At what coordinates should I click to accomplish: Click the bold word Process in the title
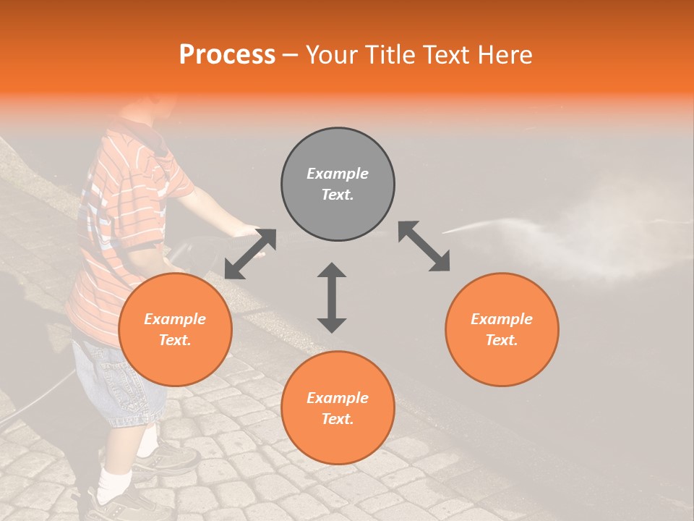pos(227,55)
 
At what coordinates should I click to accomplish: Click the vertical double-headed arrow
pos(332,297)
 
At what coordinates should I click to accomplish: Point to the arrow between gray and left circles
pos(250,253)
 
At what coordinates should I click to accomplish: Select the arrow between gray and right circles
pos(424,246)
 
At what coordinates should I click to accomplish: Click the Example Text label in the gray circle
pos(338,184)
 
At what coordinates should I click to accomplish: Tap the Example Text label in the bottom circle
pos(338,408)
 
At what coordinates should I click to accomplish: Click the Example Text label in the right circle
pos(502,329)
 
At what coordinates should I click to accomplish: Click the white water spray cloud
pos(622,239)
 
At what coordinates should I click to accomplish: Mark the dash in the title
pos(291,55)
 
